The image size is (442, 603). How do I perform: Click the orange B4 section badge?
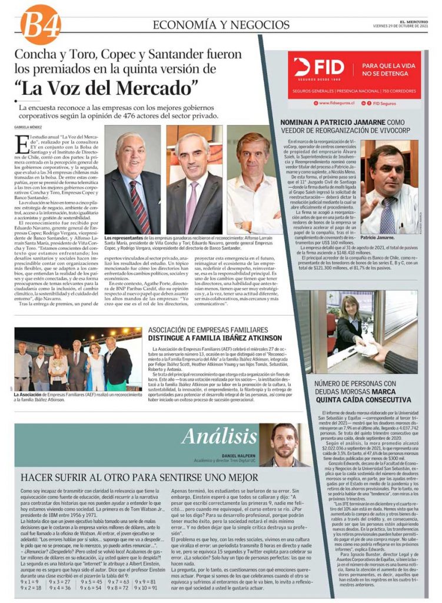[x=41, y=24]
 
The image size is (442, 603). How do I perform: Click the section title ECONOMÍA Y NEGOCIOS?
[x=221, y=25]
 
